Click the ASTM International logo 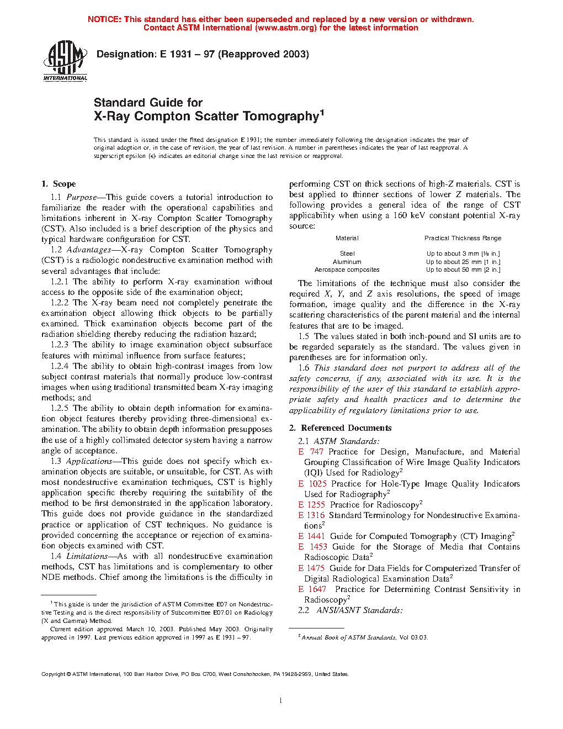[65, 61]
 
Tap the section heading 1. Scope [59, 184]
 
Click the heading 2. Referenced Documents [341, 428]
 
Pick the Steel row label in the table [347, 253]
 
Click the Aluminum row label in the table [347, 262]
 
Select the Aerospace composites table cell [347, 270]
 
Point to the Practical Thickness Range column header [463, 238]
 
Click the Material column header [347, 238]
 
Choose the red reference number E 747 [311, 452]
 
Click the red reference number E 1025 [312, 484]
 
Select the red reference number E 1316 [311, 515]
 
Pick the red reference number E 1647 [312, 589]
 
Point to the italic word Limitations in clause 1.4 [87, 556]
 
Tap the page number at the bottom [281, 701]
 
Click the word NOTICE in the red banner [104, 19]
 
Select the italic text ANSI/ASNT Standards [359, 610]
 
